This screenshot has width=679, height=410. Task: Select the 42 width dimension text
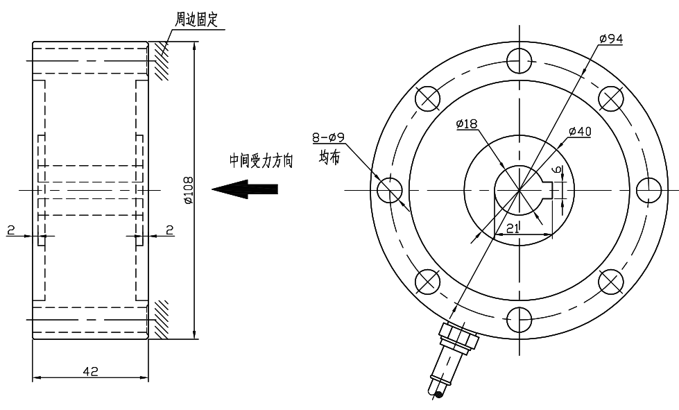pos(89,371)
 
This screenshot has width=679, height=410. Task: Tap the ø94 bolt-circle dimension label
pos(610,39)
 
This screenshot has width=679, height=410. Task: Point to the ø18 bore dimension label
pos(467,124)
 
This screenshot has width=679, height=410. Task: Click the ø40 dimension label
pos(579,131)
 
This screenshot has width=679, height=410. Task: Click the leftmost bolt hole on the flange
pos(390,189)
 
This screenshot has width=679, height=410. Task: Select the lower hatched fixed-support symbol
pos(161,319)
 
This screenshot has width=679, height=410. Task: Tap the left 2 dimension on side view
pos(11,230)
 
